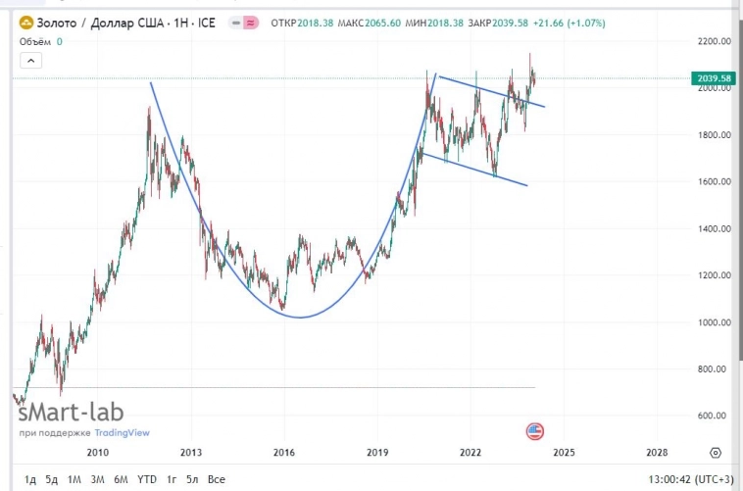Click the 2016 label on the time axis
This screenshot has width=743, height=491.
(283, 453)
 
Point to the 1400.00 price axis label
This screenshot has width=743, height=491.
(714, 229)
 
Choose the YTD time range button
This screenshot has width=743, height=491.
(146, 479)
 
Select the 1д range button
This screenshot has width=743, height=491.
(30, 479)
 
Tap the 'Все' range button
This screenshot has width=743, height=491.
(217, 479)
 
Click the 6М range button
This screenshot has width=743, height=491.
(121, 479)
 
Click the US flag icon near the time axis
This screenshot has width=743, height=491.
(534, 431)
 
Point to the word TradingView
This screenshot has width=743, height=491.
(123, 432)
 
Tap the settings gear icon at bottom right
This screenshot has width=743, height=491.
(717, 453)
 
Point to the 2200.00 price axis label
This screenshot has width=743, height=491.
(715, 42)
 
